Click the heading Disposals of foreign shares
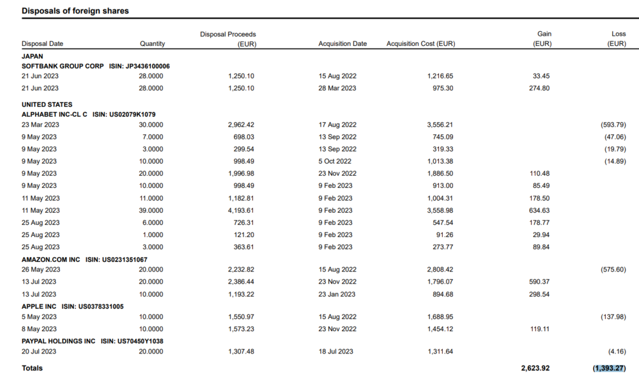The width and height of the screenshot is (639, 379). tap(75, 11)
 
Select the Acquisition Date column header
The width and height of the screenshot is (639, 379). tap(343, 43)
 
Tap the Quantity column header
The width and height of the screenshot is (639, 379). tap(152, 43)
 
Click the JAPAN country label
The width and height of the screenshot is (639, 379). tap(32, 56)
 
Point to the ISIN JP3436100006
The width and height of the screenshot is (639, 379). tap(139, 66)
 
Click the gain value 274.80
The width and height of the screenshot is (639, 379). tap(541, 88)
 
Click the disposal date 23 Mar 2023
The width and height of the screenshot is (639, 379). tap(40, 125)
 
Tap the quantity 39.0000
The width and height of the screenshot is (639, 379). tap(151, 210)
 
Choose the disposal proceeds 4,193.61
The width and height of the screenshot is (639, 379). tap(241, 210)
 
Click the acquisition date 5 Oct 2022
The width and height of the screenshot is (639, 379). tap(335, 161)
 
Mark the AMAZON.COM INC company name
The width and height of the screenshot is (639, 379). tap(51, 259)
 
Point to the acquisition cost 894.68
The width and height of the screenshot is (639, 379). tap(443, 294)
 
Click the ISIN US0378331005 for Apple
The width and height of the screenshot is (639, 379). tap(93, 306)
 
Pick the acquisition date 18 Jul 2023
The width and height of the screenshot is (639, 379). tap(336, 351)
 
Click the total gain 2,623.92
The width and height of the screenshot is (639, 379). tap(535, 368)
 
